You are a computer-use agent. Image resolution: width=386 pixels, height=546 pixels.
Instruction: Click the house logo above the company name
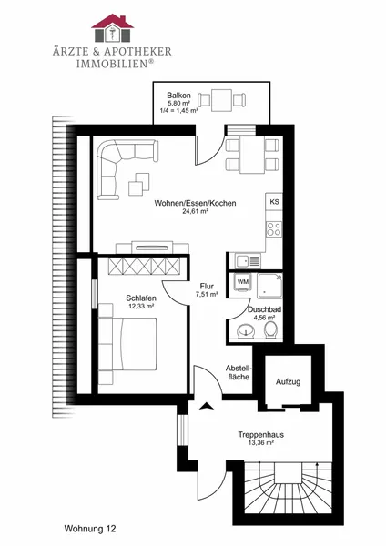112,28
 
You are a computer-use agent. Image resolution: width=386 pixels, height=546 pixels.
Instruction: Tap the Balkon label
178,95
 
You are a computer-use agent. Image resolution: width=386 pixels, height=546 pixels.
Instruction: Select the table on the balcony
221,100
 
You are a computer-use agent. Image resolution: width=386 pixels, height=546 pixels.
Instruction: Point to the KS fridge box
274,202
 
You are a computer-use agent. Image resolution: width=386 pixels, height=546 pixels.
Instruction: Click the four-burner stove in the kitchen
274,229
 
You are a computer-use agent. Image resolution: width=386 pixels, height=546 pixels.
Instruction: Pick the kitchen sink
248,260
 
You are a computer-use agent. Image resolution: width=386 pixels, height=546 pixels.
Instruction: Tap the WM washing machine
242,282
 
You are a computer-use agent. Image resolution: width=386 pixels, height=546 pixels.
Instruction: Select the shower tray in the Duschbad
269,286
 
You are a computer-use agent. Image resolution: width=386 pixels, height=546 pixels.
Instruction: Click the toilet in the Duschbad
270,330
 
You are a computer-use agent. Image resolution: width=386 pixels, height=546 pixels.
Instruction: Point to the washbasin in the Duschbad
247,331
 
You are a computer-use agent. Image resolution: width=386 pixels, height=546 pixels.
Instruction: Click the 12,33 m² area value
141,307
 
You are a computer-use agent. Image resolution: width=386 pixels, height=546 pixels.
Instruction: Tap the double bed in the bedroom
127,344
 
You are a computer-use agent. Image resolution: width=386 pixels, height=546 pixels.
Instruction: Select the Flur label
207,287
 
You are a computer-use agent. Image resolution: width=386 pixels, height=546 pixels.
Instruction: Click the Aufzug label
288,381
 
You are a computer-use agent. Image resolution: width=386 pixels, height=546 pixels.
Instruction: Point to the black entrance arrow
207,405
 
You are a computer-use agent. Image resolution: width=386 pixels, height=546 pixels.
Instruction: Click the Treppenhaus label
261,435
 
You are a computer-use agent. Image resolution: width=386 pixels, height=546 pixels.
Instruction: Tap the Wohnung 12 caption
90,529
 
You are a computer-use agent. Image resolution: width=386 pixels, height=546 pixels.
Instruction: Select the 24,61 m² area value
196,211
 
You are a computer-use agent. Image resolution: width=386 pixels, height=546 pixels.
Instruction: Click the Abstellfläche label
239,372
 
